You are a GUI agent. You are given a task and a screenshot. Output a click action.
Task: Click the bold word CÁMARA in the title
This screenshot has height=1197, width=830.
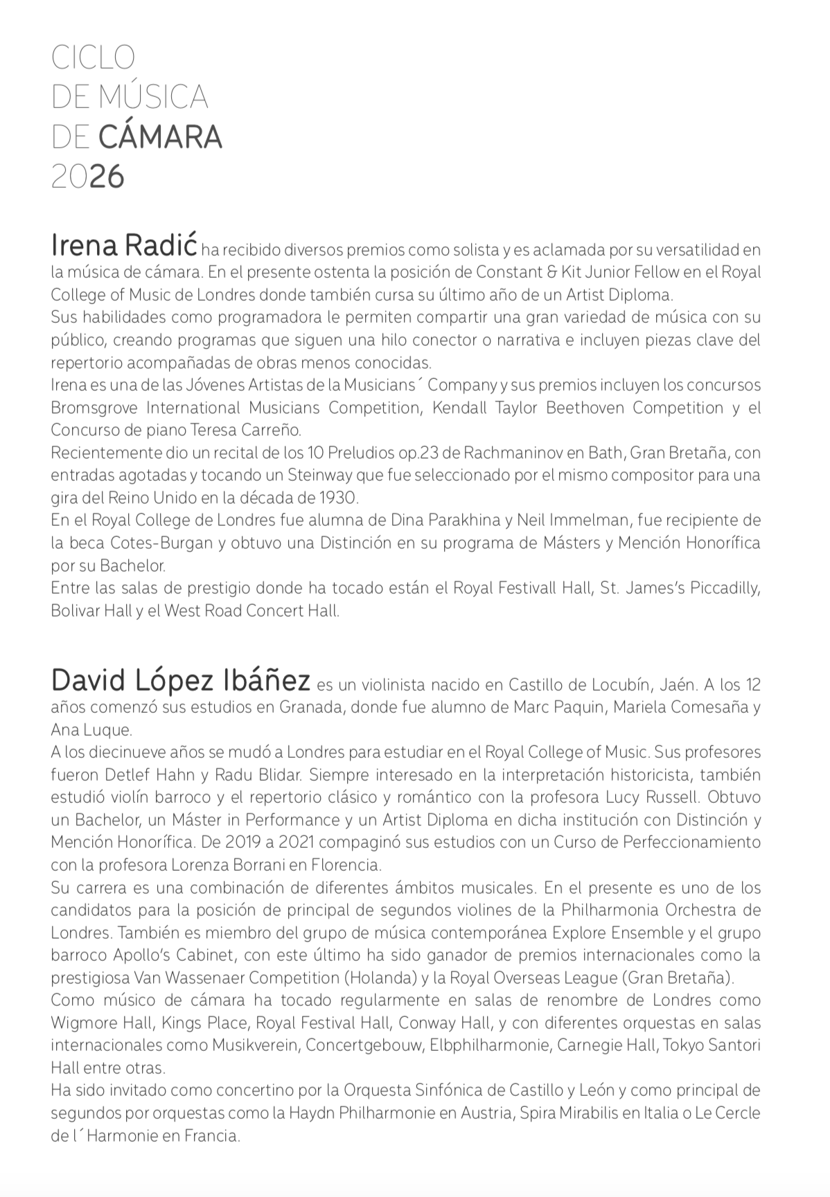[x=160, y=136]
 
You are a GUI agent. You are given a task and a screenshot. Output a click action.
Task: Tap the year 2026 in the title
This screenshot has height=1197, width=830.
[x=88, y=177]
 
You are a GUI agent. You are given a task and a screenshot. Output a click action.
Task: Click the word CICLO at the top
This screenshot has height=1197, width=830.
[x=93, y=57]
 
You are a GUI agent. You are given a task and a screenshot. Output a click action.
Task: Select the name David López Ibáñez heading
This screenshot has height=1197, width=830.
[x=180, y=681]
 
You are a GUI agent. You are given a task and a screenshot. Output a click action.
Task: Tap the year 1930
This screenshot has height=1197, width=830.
[x=338, y=497]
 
